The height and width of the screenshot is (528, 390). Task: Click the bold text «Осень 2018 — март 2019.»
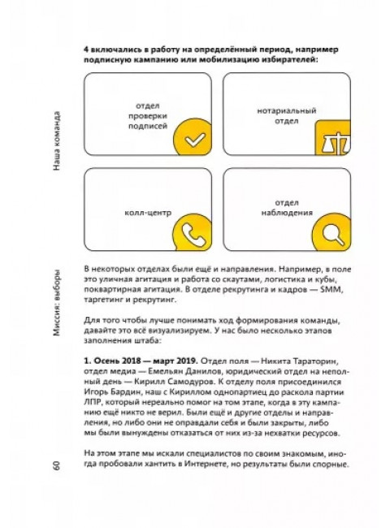[145, 357]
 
